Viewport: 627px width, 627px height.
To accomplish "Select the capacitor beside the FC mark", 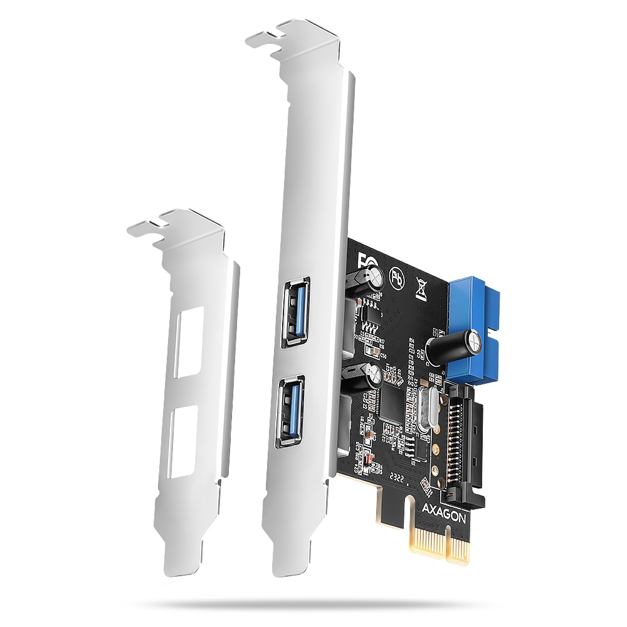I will (368, 279).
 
